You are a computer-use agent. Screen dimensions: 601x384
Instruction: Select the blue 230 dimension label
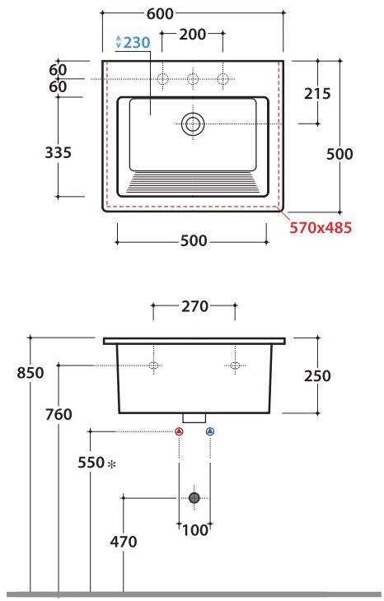point(133,43)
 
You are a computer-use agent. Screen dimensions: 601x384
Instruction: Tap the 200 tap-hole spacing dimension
point(192,35)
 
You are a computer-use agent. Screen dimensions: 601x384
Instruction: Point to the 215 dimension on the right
point(318,93)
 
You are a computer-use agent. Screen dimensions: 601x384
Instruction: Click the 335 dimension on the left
point(57,152)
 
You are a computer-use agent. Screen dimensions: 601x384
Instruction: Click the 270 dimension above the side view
point(194,309)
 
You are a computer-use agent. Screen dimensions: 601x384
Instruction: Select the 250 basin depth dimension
point(317,375)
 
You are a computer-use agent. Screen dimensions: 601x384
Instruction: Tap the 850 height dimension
point(30,373)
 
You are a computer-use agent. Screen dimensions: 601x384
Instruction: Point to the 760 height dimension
point(59,413)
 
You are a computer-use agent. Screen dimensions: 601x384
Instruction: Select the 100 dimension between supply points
point(194,531)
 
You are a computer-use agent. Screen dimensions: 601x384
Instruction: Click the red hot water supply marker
point(179,431)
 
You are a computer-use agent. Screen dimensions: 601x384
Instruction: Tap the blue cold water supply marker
point(209,431)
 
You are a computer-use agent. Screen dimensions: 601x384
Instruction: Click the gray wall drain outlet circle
point(194,497)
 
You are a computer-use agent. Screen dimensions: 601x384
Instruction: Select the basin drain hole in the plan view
point(193,123)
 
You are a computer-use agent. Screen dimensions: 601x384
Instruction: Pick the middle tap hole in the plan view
point(193,79)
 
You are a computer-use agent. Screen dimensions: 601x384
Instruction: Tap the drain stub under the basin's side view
point(194,418)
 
